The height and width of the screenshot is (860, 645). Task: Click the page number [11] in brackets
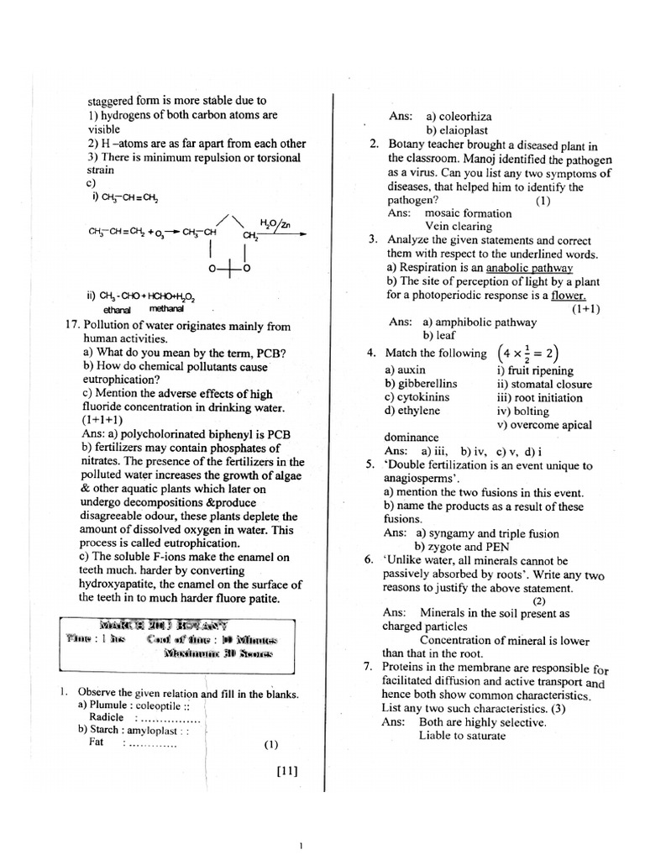click(x=286, y=772)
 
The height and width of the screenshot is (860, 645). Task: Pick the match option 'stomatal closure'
click(x=544, y=384)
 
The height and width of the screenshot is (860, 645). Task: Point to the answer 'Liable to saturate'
click(x=462, y=736)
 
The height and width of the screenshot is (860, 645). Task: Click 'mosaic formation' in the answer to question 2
click(x=468, y=213)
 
